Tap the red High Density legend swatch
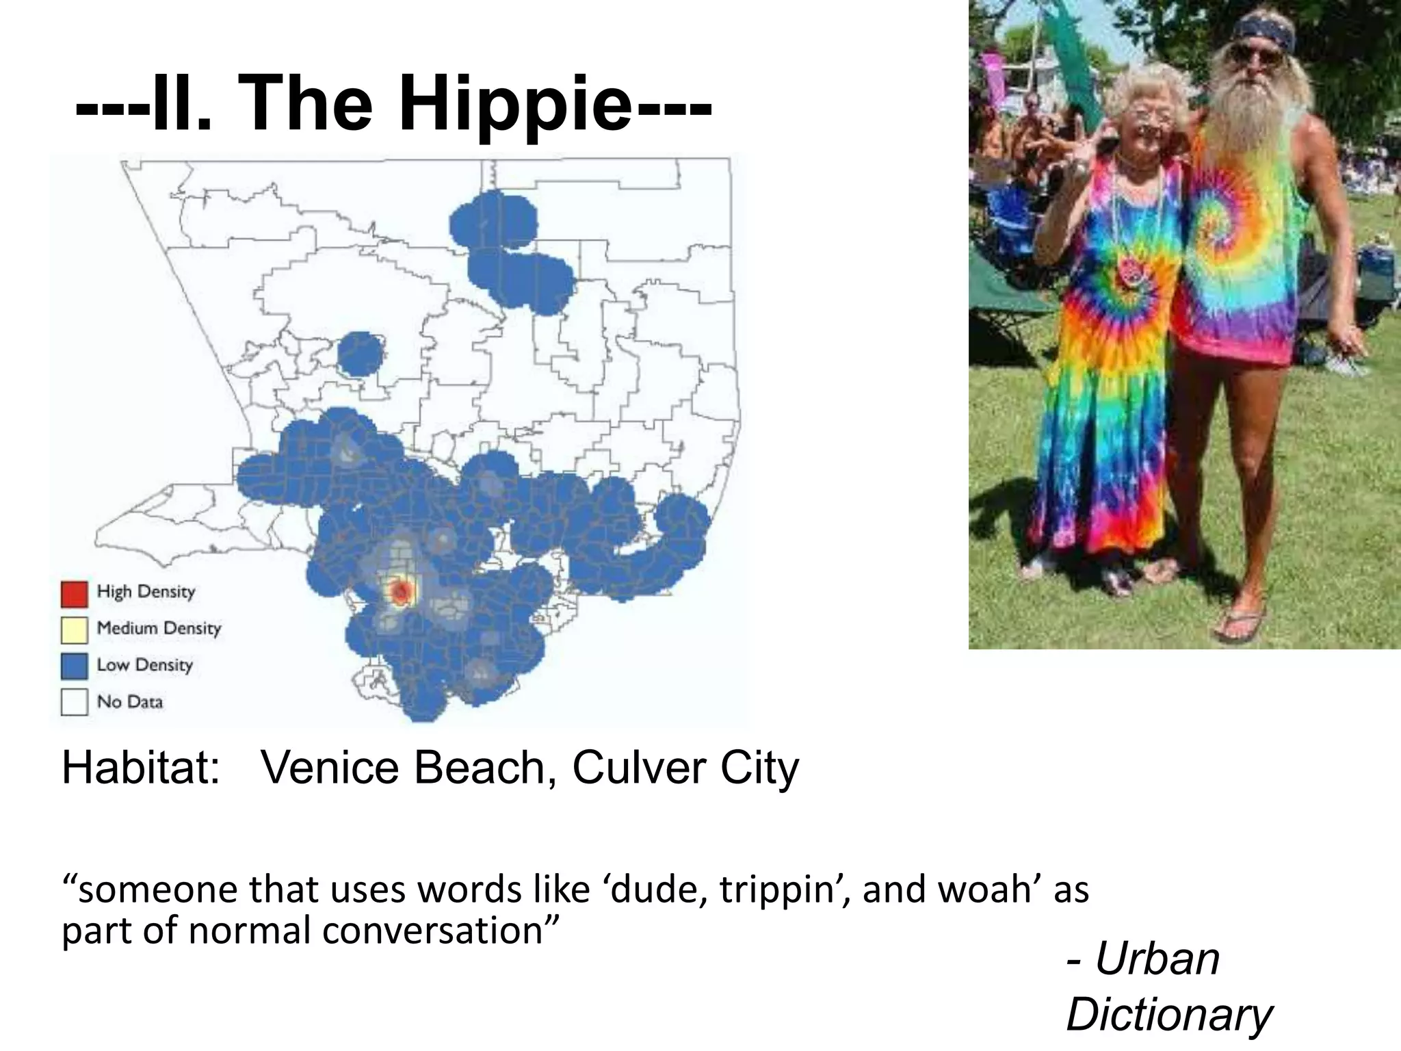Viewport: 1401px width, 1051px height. pyautogui.click(x=74, y=593)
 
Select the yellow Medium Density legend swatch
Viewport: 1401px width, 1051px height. pyautogui.click(x=74, y=630)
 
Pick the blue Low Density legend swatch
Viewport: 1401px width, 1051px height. pyautogui.click(x=74, y=666)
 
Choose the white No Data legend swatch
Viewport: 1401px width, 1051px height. pyautogui.click(x=74, y=703)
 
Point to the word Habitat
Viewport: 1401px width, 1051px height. pyautogui.click(x=141, y=768)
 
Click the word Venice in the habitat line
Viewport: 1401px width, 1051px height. pyautogui.click(x=332, y=768)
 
